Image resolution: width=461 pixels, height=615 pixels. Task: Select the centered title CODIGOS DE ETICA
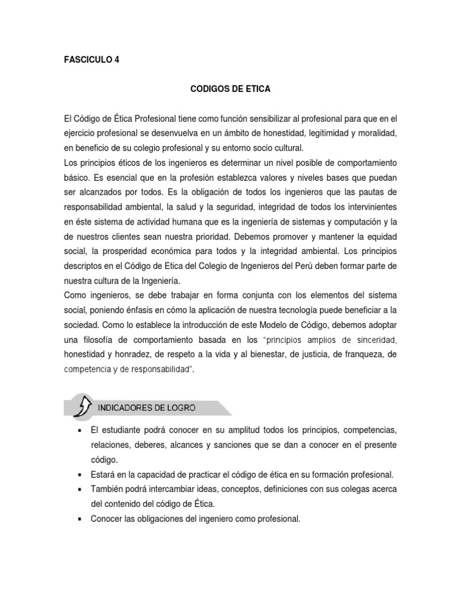pyautogui.click(x=231, y=89)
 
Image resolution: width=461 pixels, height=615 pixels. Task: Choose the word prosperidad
pyautogui.click(x=149, y=250)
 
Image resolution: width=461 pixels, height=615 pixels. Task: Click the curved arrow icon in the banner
pyautogui.click(x=81, y=407)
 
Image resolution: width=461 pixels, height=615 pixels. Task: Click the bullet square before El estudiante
pyautogui.click(x=79, y=431)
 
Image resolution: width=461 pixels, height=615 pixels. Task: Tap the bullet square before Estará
pyautogui.click(x=79, y=474)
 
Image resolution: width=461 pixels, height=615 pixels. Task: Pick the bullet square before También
pyautogui.click(x=79, y=489)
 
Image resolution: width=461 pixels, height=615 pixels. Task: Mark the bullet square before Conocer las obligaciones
pyautogui.click(x=79, y=518)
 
